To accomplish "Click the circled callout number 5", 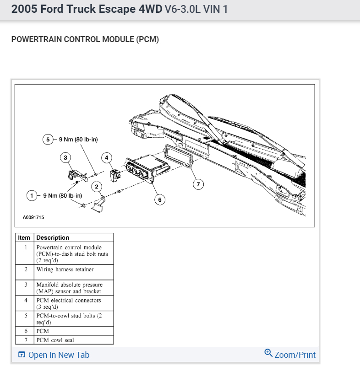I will coord(48,140).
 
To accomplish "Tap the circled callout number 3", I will coord(65,158).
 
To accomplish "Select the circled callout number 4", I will coord(107,158).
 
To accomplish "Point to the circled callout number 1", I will coord(32,196).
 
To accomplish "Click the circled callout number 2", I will coord(97,186).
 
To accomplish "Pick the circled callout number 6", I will coord(159,199).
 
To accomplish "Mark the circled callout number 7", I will coord(198,184).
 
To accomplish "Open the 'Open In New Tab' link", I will coord(54,355).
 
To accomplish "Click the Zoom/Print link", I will coord(290,355).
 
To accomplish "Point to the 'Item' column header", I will coord(24,237).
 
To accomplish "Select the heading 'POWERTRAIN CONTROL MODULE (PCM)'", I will coord(85,39).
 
